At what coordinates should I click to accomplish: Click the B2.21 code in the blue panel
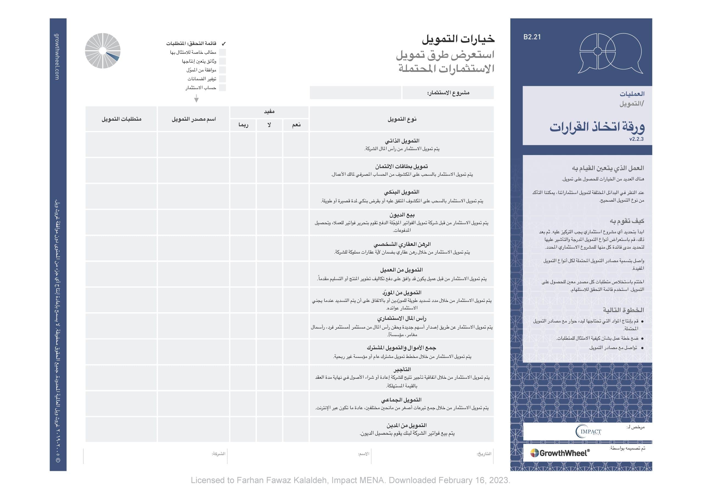(532, 37)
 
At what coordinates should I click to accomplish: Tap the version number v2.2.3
(636, 139)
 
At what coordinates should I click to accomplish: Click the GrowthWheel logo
(560, 453)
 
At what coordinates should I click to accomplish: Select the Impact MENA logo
(588, 431)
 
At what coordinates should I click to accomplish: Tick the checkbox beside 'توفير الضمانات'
(223, 79)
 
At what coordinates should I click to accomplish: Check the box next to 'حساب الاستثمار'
(223, 88)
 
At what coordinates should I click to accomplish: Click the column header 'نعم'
(296, 125)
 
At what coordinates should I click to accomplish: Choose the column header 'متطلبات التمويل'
(121, 119)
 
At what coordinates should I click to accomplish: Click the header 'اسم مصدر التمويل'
(194, 119)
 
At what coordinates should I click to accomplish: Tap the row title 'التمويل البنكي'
(401, 192)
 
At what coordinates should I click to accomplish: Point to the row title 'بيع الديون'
(402, 215)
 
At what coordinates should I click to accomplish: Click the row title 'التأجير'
(402, 369)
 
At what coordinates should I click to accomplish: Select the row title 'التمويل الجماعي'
(401, 400)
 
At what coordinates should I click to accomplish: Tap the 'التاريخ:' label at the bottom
(484, 454)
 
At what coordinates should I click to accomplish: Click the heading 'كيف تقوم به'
(627, 221)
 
